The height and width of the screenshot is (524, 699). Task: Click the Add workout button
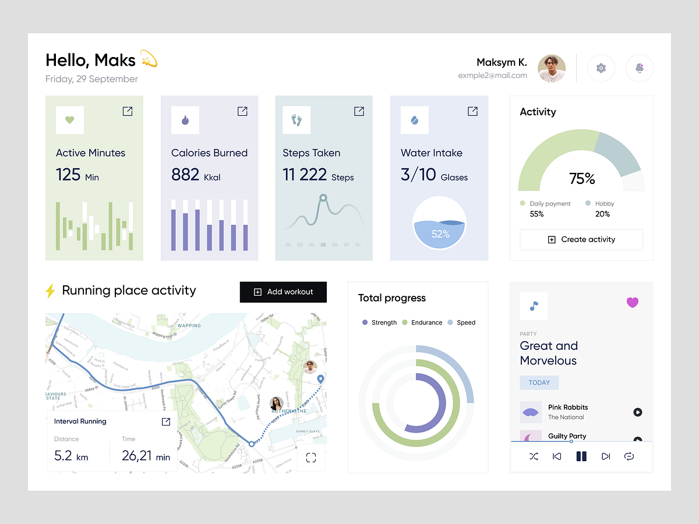coord(283,292)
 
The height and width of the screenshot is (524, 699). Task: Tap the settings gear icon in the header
coord(601,68)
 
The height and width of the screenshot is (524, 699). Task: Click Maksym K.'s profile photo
coord(551,69)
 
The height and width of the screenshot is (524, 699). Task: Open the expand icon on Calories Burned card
coord(242,111)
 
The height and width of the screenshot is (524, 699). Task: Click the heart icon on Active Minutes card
coord(69,120)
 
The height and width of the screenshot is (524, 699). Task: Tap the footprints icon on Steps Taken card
coord(296,120)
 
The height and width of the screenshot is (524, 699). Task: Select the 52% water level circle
coord(440,224)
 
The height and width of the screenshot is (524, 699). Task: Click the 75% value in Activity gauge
coord(581,178)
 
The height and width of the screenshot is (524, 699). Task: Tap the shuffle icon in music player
coord(534,456)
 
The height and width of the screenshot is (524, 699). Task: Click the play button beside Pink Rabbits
coord(637,412)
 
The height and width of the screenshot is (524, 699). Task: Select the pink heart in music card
coord(632,302)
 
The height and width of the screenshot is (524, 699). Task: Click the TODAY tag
coord(539,383)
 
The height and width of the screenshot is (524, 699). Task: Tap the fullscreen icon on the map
coord(311,458)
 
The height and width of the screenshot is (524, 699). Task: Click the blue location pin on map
coord(320,380)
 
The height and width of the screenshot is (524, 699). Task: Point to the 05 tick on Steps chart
coord(323,245)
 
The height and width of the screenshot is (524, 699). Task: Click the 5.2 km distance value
coord(71,455)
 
